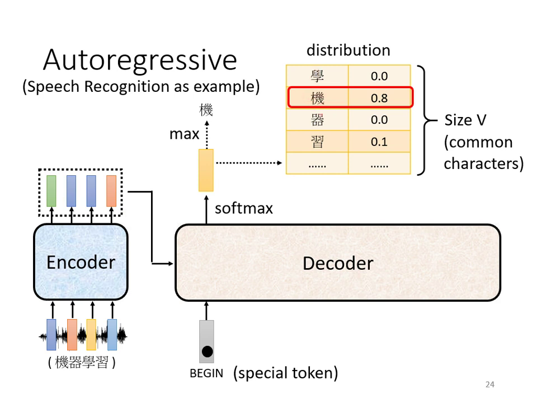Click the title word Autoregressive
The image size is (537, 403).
(140, 60)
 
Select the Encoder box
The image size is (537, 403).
(81, 262)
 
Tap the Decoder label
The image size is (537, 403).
(337, 263)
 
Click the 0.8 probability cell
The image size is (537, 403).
(379, 98)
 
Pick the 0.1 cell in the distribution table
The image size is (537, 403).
(379, 142)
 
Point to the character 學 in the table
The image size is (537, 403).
(317, 76)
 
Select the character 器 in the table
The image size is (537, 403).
(317, 120)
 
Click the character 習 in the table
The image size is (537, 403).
(317, 142)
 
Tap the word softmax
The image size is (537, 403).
(244, 209)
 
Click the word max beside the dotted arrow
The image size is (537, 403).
(184, 134)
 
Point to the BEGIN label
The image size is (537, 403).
(206, 373)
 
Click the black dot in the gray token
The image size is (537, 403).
(207, 352)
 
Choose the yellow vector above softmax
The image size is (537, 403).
(206, 170)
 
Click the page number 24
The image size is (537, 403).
(490, 384)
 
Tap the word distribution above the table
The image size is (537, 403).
(348, 50)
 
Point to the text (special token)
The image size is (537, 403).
(285, 373)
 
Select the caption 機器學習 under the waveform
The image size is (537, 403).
(82, 363)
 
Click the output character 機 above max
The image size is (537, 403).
(206, 110)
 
